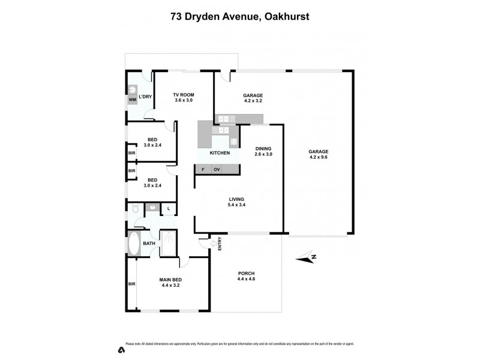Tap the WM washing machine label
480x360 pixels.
click(x=132, y=100)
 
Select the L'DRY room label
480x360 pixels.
click(x=145, y=97)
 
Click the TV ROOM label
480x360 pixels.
click(x=184, y=95)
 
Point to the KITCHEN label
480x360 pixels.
click(x=220, y=153)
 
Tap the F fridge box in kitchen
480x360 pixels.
click(x=203, y=170)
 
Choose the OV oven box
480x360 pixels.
click(x=217, y=170)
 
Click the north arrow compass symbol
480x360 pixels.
click(x=307, y=259)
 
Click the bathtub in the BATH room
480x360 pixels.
click(x=133, y=244)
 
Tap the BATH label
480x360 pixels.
click(x=149, y=244)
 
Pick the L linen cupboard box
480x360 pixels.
click(x=169, y=209)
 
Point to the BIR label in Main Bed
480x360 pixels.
click(x=131, y=284)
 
